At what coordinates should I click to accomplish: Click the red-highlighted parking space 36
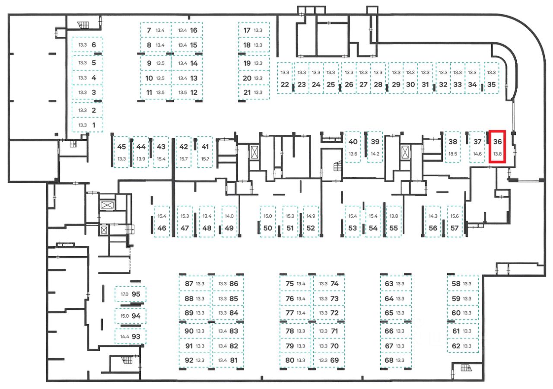pyautogui.click(x=498, y=147)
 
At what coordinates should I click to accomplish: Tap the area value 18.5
pyautogui.click(x=453, y=154)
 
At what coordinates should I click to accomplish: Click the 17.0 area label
pyautogui.click(x=124, y=294)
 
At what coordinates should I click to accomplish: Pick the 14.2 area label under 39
pyautogui.click(x=375, y=154)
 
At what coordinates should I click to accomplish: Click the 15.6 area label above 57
pyautogui.click(x=454, y=216)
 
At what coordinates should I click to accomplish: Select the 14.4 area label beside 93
pyautogui.click(x=124, y=336)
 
